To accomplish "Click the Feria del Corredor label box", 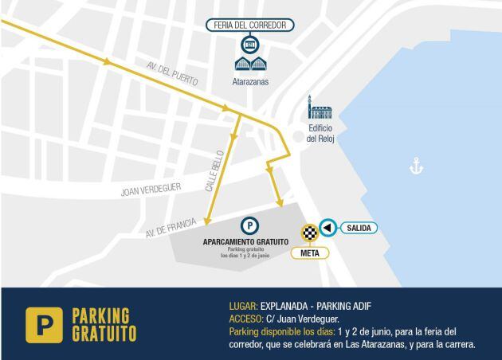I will [250, 25].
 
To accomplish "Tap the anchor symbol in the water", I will [415, 166].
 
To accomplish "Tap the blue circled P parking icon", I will [249, 225].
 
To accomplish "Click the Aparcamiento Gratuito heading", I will [245, 241].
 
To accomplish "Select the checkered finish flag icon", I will [308, 233].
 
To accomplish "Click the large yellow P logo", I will [44, 324].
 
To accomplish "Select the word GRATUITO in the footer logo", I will [104, 332].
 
